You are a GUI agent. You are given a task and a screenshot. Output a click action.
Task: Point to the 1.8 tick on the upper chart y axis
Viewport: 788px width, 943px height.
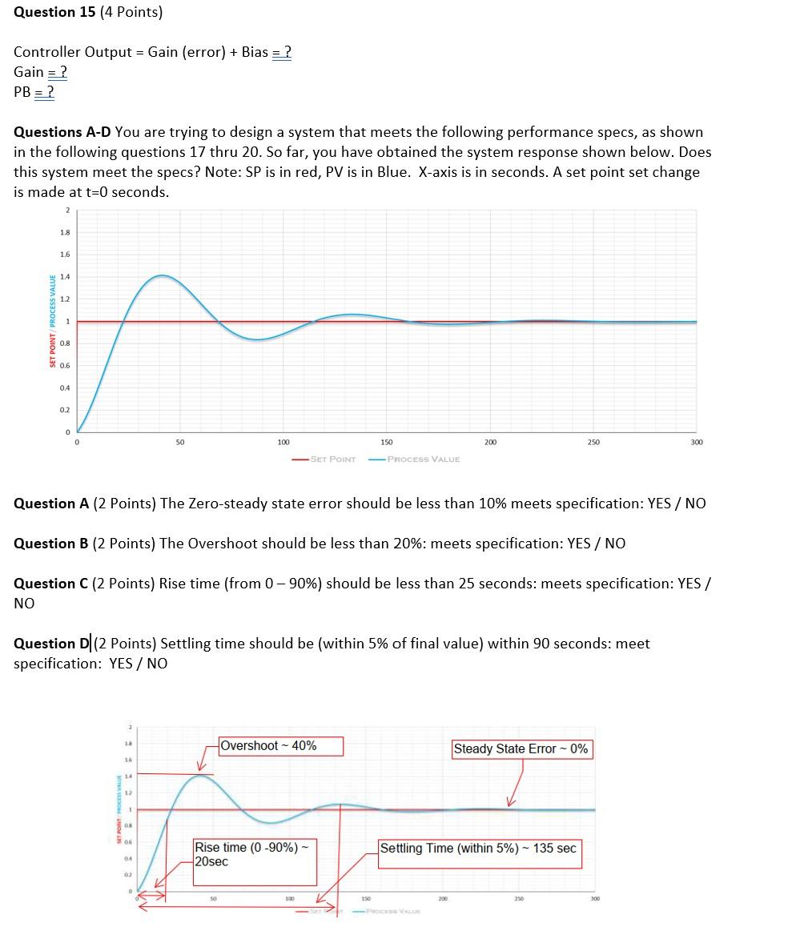[64, 233]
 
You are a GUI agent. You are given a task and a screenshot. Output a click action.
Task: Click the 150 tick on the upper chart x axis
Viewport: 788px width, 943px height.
[387, 442]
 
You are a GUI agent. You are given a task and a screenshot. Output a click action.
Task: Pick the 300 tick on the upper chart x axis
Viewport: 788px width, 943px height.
[696, 442]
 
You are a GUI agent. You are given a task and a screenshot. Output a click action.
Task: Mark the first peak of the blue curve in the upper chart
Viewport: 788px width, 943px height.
[162, 275]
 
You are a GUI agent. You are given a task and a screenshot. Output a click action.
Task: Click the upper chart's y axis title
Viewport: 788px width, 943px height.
[53, 321]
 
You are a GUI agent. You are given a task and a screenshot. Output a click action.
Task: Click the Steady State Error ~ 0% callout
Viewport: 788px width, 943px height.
[521, 749]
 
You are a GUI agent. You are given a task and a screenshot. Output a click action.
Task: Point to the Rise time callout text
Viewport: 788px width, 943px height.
[245, 854]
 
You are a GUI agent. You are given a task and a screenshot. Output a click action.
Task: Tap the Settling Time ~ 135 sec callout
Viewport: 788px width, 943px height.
[478, 849]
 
